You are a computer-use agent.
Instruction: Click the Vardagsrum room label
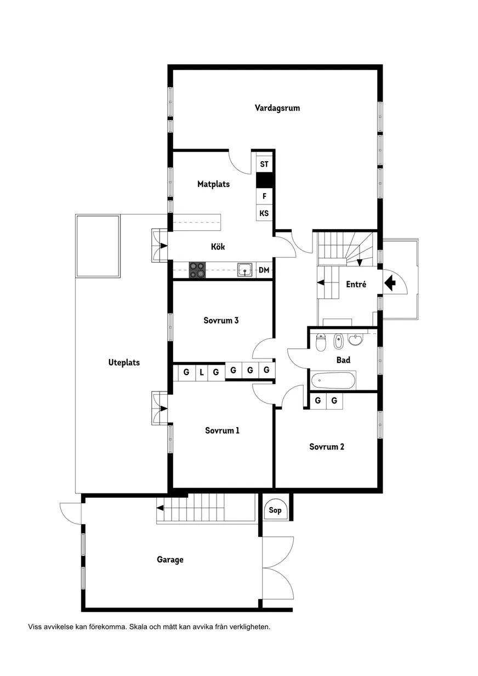pyautogui.click(x=277, y=108)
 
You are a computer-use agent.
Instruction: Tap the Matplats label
pyautogui.click(x=213, y=184)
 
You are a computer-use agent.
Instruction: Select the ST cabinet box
pyautogui.click(x=264, y=164)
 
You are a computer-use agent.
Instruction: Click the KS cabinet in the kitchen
pyautogui.click(x=264, y=213)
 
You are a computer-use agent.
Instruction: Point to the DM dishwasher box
pyautogui.click(x=264, y=270)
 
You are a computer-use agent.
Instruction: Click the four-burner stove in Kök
pyautogui.click(x=197, y=270)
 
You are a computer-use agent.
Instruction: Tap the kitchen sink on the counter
pyautogui.click(x=244, y=270)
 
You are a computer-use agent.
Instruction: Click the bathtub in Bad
pyautogui.click(x=333, y=381)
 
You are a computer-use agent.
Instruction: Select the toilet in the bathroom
pyautogui.click(x=321, y=343)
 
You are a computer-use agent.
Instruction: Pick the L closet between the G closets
pyautogui.click(x=202, y=372)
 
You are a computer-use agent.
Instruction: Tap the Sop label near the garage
pyautogui.click(x=275, y=510)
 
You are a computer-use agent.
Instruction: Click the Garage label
pyautogui.click(x=170, y=560)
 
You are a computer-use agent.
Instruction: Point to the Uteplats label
pyautogui.click(x=124, y=362)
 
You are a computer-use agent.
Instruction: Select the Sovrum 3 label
pyautogui.click(x=221, y=320)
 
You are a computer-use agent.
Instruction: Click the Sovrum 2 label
pyautogui.click(x=327, y=447)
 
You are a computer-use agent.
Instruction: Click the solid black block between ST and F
pyautogui.click(x=264, y=180)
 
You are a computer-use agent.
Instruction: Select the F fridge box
pyautogui.click(x=264, y=196)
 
